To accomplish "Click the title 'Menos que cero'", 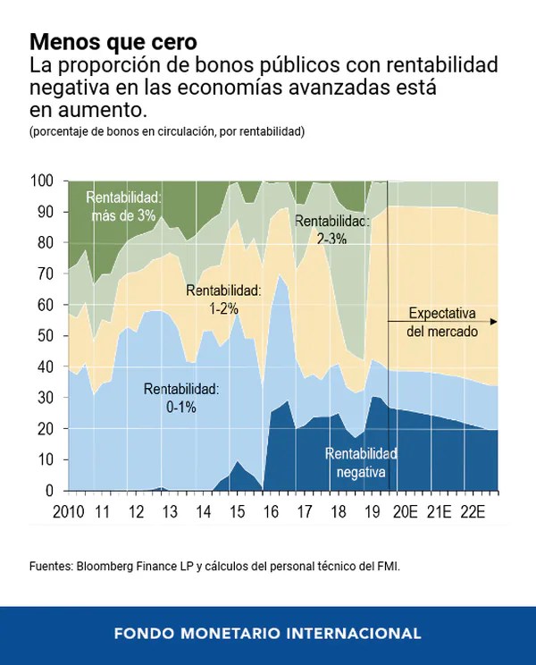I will click(x=113, y=42).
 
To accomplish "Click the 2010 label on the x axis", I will click(x=68, y=512).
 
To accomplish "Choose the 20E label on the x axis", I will click(x=406, y=512).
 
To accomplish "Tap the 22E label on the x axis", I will click(x=472, y=512).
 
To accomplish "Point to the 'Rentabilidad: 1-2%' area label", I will click(x=222, y=299).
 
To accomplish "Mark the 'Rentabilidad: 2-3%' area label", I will click(x=331, y=230).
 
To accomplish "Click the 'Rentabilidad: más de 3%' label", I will click(x=123, y=206).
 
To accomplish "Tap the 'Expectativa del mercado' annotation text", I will click(x=442, y=323).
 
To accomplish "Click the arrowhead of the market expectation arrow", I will click(x=494, y=321).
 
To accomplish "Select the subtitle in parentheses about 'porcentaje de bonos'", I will click(x=166, y=132).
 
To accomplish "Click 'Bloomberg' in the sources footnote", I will click(x=106, y=567).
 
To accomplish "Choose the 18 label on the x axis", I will click(x=338, y=512).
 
